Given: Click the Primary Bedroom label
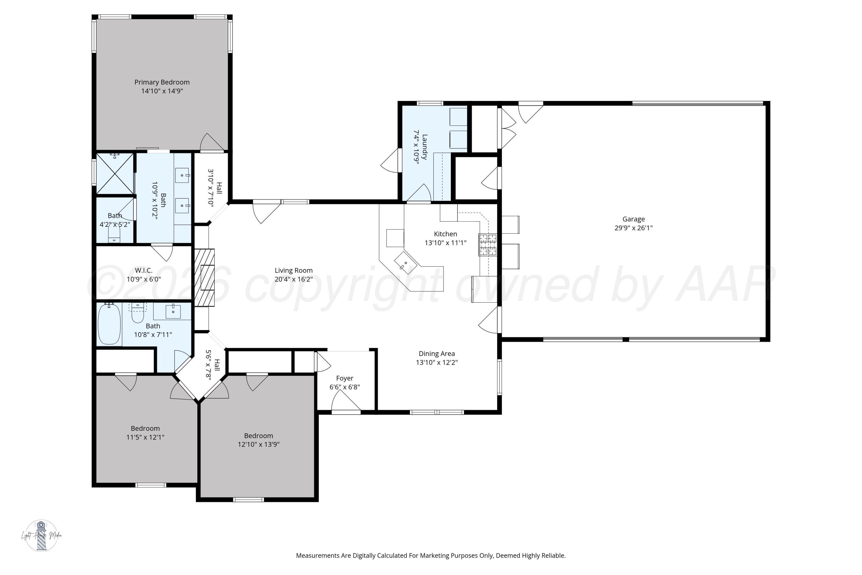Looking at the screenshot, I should pyautogui.click(x=162, y=82).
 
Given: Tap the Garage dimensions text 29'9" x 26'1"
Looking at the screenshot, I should pyautogui.click(x=633, y=228).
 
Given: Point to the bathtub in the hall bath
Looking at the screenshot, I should pyautogui.click(x=109, y=323).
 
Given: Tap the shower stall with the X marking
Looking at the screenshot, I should pyautogui.click(x=115, y=173).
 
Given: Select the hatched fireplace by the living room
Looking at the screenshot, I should pyautogui.click(x=204, y=278).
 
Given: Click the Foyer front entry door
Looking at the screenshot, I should pyautogui.click(x=346, y=403).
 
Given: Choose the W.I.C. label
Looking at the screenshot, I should pyautogui.click(x=144, y=270).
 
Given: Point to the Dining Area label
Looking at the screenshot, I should pyautogui.click(x=436, y=354).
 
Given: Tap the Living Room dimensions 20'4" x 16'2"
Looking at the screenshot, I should pyautogui.click(x=294, y=279).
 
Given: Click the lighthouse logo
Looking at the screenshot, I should pyautogui.click(x=41, y=535).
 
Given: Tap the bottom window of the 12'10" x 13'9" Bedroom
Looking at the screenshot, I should pyautogui.click(x=249, y=499).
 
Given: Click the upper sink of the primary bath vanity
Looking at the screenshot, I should pyautogui.click(x=182, y=175).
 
